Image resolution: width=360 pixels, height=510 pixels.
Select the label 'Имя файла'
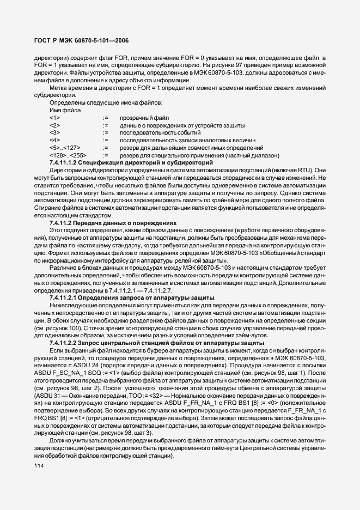(x=65, y=110)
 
